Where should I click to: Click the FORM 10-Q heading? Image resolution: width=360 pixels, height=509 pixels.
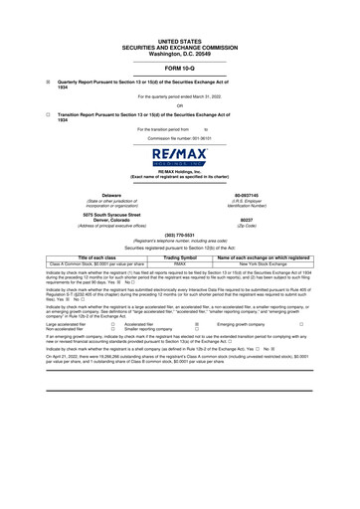pos(179,67)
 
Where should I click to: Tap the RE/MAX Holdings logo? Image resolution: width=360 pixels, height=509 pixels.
pos(180,159)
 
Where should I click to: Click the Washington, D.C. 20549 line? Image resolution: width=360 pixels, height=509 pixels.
pos(179,49)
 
